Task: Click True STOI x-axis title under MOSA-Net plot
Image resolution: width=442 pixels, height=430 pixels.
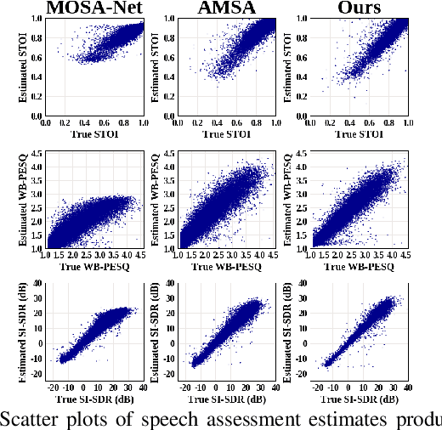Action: [x=94, y=134]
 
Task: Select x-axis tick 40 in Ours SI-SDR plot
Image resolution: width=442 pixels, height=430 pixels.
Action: [x=407, y=388]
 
